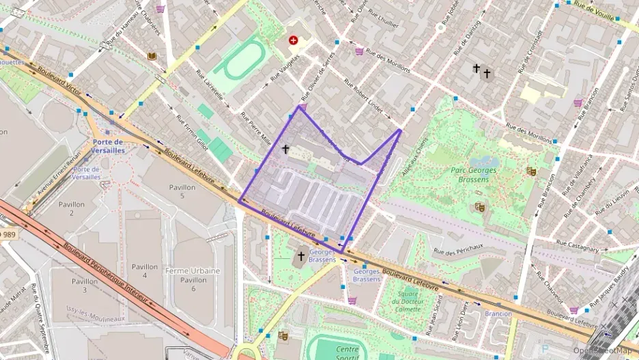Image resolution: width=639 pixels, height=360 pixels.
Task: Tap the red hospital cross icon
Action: coord(294,41)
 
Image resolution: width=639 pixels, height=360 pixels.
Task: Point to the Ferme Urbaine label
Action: coord(193,271)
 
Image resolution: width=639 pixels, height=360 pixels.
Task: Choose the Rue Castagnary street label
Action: coord(578,242)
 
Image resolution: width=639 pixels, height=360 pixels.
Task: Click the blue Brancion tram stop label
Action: coord(498,314)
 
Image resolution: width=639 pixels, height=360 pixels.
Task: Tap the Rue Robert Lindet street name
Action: coord(363,99)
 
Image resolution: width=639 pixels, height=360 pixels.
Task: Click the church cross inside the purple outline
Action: coord(285,148)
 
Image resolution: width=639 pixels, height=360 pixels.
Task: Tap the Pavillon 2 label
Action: coord(72,208)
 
